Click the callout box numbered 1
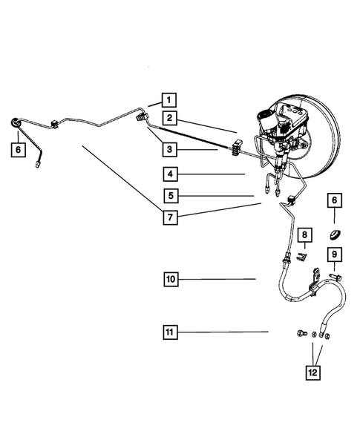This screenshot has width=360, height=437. (168, 100)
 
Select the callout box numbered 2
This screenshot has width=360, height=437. (170, 118)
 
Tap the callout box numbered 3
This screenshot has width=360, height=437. (170, 149)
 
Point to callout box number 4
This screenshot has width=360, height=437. (171, 174)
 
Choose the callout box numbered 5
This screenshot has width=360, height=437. (171, 196)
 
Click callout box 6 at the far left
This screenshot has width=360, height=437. (19, 150)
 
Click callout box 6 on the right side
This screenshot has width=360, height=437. (335, 200)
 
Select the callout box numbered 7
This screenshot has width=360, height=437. (171, 217)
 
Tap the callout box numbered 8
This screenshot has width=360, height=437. (304, 235)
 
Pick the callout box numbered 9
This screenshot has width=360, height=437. (335, 254)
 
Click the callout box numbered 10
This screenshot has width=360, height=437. (171, 279)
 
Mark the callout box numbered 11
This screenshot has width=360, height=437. (170, 332)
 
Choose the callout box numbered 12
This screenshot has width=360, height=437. (313, 372)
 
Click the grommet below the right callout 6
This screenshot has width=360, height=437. (335, 234)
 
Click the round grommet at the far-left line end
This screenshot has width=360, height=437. (16, 123)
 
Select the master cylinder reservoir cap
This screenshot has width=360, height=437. (264, 115)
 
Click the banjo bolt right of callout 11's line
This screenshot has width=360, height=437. (301, 333)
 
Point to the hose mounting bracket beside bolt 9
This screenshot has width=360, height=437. (316, 277)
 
